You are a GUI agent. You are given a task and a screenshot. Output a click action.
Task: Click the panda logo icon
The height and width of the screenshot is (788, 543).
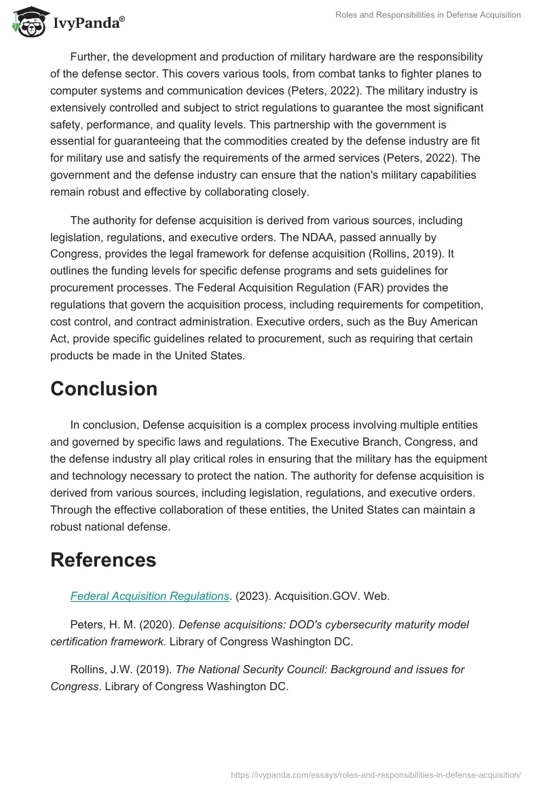tap(28, 22)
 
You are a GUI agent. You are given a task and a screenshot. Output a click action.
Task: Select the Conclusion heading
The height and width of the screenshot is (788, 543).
tap(104, 389)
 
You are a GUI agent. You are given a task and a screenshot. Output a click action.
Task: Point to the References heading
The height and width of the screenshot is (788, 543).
tap(103, 560)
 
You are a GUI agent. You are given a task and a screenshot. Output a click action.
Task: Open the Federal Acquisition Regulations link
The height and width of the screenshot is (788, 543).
tap(149, 596)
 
